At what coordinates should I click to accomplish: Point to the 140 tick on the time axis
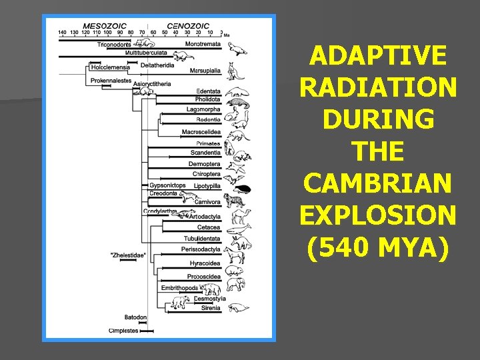pos(62,31)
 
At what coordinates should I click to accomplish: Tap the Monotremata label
pos(203,44)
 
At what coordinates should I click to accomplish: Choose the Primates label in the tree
pos(208,143)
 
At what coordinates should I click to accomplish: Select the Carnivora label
pos(207,202)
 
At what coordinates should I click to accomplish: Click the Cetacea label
pos(209,227)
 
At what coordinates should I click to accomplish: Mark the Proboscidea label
pos(204,276)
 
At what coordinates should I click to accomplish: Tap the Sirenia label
pos(212,308)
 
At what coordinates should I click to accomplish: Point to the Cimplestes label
pos(124,330)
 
